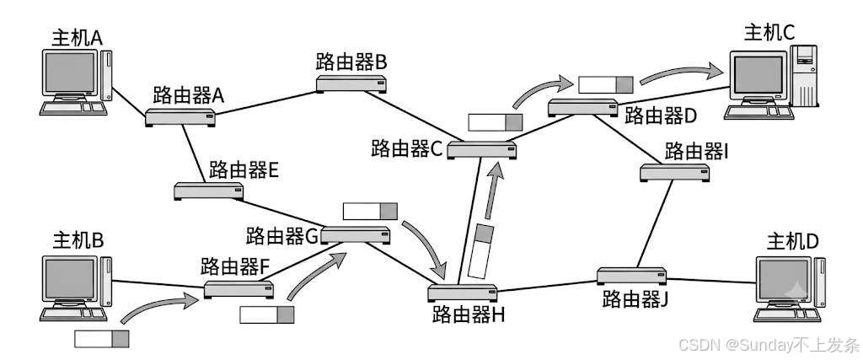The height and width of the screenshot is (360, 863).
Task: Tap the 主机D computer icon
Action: (790, 288)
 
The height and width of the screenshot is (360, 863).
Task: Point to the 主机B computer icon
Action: (76, 288)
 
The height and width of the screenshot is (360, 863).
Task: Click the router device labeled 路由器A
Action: (180, 118)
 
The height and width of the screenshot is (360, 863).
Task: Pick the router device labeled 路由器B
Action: (351, 84)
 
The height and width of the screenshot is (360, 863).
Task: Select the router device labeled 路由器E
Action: (209, 191)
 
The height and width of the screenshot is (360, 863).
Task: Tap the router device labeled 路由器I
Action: (674, 173)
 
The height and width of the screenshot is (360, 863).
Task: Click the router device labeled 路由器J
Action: (631, 276)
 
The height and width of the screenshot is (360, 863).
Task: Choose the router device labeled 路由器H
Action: (463, 293)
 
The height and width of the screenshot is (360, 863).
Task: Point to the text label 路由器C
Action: (407, 148)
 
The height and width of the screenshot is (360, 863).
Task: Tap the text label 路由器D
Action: (661, 116)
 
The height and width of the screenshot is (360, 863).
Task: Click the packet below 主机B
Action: (101, 339)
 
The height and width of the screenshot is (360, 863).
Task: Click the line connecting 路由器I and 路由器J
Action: (655, 224)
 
